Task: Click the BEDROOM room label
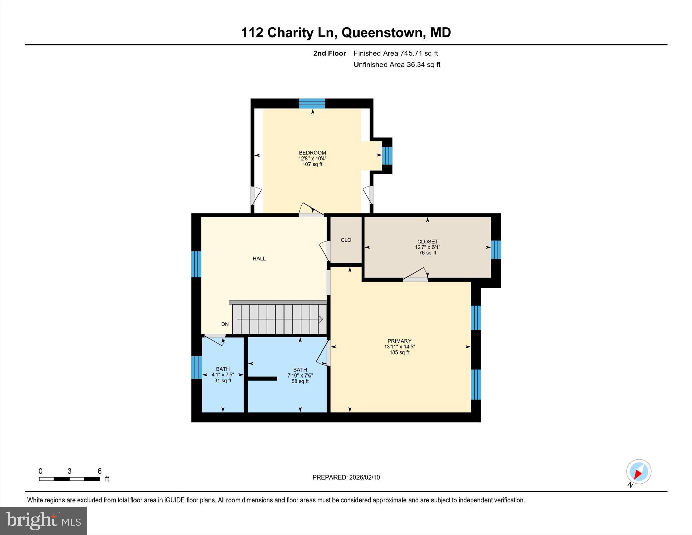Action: pos(312,153)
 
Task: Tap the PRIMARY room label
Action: pos(399,341)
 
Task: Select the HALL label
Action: pos(259,259)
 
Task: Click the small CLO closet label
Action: pos(346,240)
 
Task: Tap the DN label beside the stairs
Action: pos(225,324)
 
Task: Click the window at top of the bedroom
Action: pos(312,103)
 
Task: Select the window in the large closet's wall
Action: pos(496,249)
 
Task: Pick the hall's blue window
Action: pos(196,264)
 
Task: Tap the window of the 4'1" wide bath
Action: pos(196,367)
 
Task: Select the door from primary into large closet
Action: pos(416,275)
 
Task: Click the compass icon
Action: pos(638,471)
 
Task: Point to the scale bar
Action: pos(69,479)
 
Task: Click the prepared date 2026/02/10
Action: pos(346,477)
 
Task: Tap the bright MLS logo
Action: pos(43,520)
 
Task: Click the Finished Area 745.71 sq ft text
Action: pos(395,53)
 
